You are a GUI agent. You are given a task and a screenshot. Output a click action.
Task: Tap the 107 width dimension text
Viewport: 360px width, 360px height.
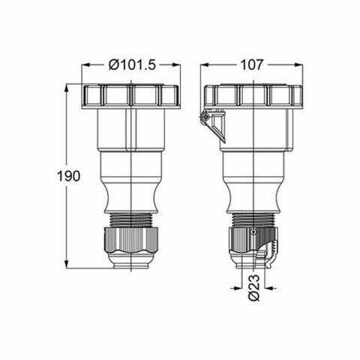click(x=252, y=66)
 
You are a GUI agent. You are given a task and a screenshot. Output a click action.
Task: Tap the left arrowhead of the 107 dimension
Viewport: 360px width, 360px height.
click(x=205, y=66)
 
